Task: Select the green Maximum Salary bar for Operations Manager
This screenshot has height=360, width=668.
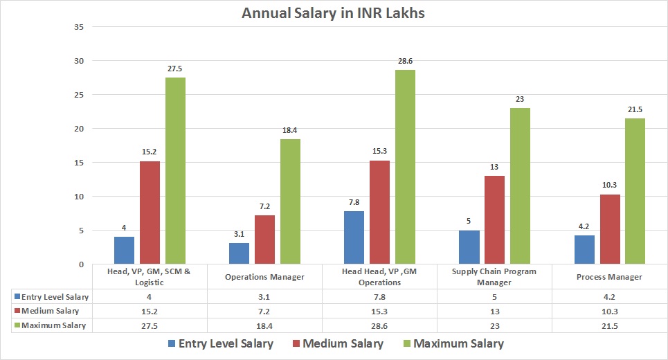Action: point(290,201)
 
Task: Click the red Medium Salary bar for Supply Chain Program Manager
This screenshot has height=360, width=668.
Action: point(494,219)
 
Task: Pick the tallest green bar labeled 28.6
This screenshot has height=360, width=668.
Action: point(405,167)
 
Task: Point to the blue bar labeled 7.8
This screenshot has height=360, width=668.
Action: point(354,237)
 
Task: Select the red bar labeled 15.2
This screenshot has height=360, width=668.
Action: point(150,212)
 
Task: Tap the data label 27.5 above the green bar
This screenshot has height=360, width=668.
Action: point(175,69)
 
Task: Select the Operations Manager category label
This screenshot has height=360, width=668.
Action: point(265,276)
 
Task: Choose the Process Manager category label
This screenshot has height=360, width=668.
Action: point(610,276)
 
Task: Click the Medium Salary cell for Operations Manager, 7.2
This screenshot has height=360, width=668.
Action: point(265,311)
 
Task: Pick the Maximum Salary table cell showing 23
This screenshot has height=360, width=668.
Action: point(494,325)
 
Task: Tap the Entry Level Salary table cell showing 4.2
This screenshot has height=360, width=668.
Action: point(609,296)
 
